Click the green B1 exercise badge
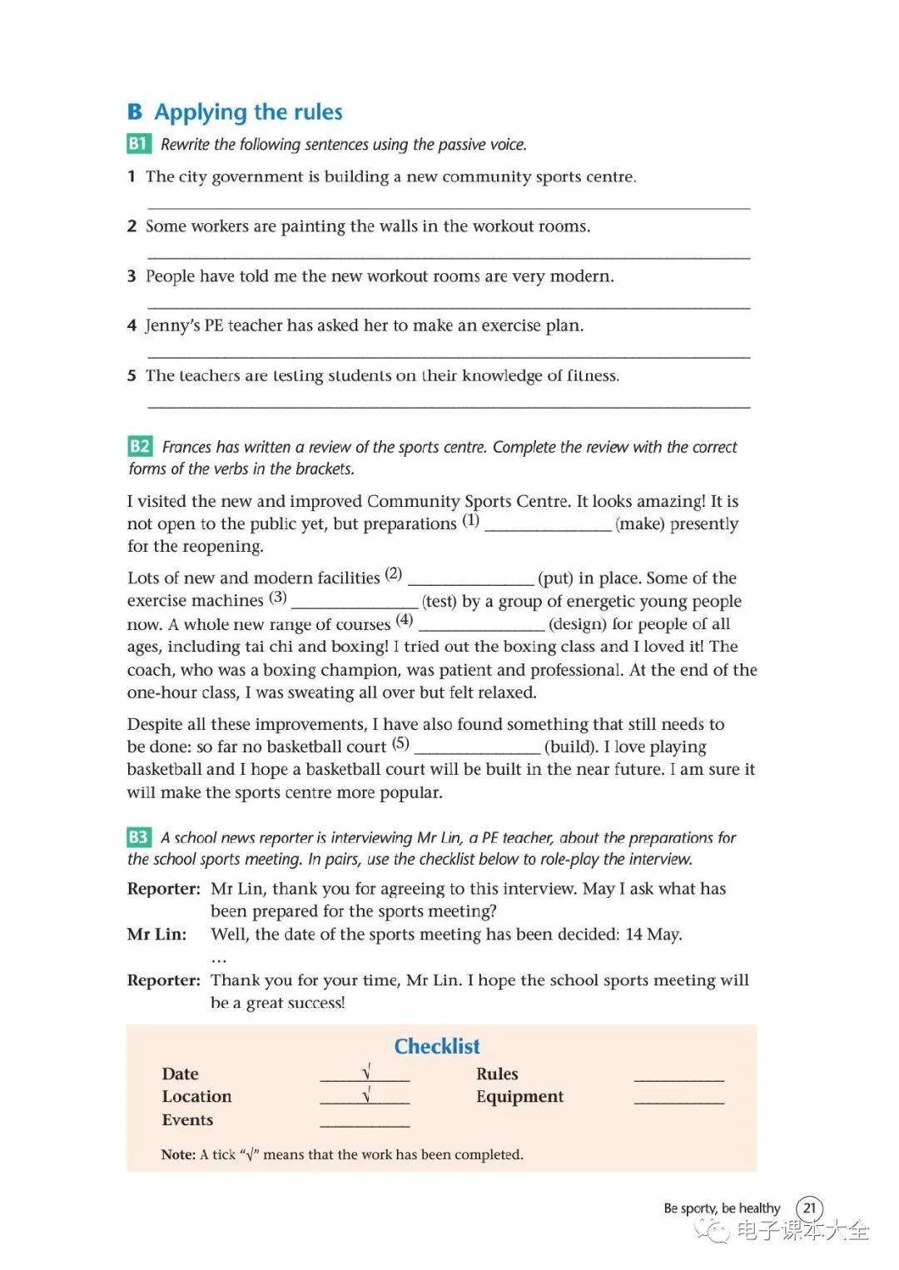click(x=138, y=144)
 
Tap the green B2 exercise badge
click(x=140, y=447)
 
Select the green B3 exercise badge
click(x=138, y=837)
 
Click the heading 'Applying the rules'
click(x=248, y=112)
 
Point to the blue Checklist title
click(x=437, y=1046)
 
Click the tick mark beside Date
click(x=365, y=1073)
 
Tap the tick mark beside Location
click(x=365, y=1096)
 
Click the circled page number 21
click(x=809, y=1208)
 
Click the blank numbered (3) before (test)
click(x=355, y=603)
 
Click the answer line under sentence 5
click(x=448, y=405)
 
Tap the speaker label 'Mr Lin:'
click(x=156, y=935)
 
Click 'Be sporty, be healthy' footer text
click(x=722, y=1208)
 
